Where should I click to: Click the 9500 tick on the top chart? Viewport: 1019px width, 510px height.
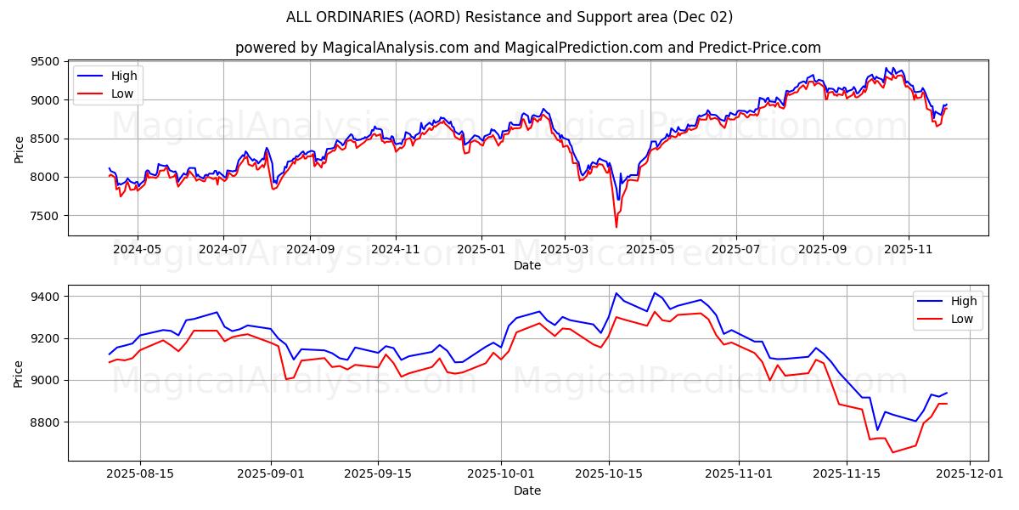47,62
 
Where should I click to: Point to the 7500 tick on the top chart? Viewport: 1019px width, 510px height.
47,216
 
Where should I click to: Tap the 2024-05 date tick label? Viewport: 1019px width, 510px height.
137,250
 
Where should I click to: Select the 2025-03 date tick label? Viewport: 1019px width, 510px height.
565,250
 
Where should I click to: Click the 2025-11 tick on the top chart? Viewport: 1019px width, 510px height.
908,250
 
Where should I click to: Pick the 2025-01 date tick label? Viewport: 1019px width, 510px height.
481,250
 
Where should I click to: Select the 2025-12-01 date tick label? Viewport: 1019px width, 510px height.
975,474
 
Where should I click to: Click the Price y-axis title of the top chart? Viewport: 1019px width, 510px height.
19,148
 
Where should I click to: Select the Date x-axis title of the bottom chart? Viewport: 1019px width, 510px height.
527,490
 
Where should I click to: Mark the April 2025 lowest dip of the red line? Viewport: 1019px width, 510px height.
616,227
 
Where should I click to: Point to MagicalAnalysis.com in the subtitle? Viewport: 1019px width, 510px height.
395,48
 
